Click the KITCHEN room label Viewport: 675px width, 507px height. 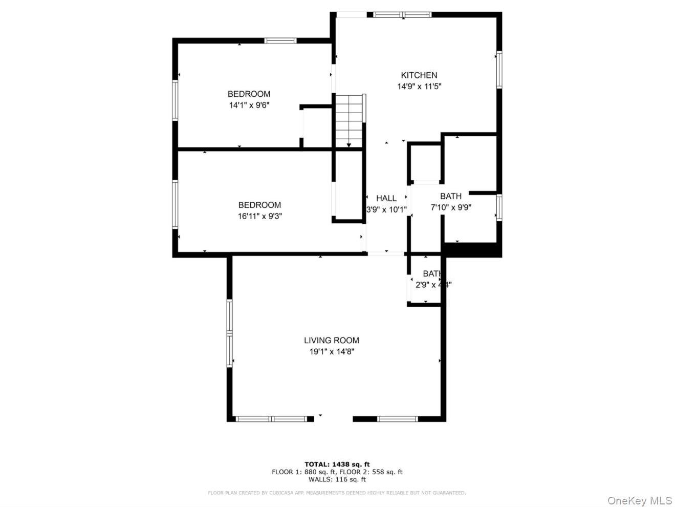tap(419, 75)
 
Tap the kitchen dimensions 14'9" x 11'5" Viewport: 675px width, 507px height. tap(419, 87)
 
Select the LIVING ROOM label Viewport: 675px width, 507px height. tap(331, 340)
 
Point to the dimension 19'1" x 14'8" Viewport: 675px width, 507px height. tap(331, 351)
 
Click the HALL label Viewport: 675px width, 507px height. tap(386, 198)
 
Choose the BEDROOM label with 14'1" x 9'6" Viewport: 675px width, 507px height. tap(249, 94)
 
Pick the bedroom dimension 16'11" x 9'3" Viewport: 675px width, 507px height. tap(259, 216)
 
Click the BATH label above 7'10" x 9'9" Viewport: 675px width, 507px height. tap(450, 196)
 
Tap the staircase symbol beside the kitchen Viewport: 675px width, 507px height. tap(349, 120)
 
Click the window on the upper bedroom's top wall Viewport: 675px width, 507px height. tap(280, 40)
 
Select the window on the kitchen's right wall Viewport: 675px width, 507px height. tap(499, 70)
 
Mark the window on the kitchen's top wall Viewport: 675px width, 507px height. tap(402, 14)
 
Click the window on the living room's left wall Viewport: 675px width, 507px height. tap(230, 333)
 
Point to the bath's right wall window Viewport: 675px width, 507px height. tap(499, 207)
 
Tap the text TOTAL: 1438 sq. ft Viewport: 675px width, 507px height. tap(337, 464)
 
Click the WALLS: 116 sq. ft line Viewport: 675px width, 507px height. tap(337, 479)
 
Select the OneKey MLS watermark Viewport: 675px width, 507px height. tap(639, 500)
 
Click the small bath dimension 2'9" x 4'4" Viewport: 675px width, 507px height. tap(433, 285)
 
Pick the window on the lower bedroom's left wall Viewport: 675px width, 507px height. tap(175, 203)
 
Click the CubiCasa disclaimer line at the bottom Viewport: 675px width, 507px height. tap(337, 493)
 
